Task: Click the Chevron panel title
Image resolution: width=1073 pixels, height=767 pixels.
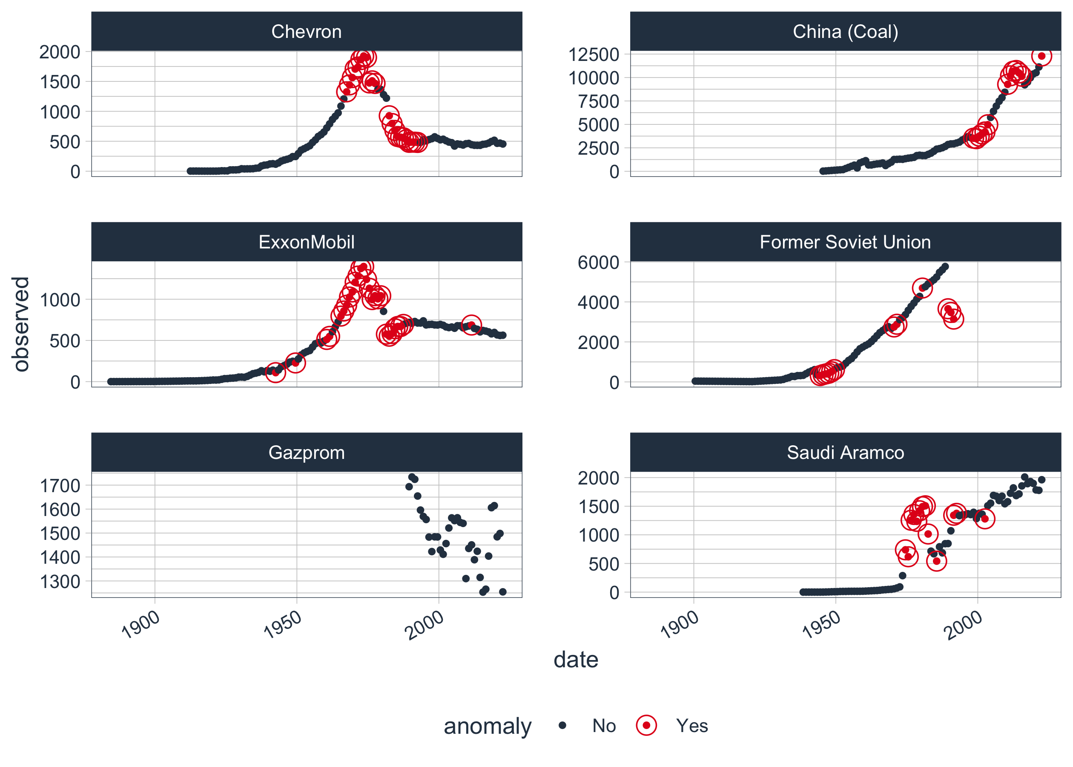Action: coord(306,32)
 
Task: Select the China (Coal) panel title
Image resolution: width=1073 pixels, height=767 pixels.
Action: coord(845,32)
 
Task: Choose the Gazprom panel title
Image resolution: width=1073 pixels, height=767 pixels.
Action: coord(306,453)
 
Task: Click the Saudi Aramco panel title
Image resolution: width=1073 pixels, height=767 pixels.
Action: coord(845,453)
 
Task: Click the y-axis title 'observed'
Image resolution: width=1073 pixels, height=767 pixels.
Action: coord(21,324)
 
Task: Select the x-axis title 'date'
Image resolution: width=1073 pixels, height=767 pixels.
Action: coord(576,659)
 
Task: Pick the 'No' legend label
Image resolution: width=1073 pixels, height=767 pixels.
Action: coord(604,726)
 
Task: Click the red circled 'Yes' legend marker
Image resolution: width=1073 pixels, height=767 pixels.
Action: coord(646,725)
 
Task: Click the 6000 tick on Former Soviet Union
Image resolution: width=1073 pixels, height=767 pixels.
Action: coord(598,262)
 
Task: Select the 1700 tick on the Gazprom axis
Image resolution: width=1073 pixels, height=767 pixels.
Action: coord(60,485)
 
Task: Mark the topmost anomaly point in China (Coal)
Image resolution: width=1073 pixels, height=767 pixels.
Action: coord(1041,56)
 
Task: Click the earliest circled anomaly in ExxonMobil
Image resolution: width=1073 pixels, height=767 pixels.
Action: coord(275,372)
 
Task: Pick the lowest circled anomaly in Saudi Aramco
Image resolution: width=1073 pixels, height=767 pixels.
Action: coord(936,561)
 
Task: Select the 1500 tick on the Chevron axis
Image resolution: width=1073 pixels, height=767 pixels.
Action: coord(60,82)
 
